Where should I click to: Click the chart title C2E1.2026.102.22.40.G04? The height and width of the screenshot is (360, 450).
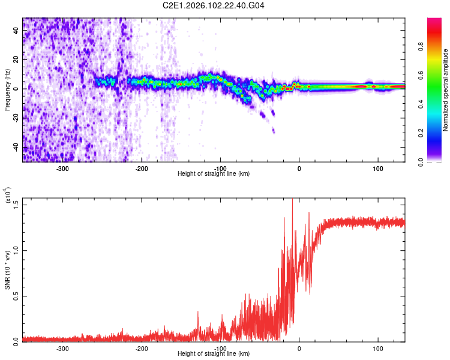pos(214,6)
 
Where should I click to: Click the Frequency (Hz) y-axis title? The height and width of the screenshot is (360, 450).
pos(7,90)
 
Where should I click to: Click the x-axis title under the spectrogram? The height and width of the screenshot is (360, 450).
pos(214,174)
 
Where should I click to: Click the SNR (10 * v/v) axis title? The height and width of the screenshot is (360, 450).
pos(7,270)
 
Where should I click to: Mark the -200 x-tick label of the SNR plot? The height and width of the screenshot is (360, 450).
pos(142,348)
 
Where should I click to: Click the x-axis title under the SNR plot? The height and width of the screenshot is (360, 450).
pos(214,354)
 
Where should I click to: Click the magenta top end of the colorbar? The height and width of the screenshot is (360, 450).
pos(434,21)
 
